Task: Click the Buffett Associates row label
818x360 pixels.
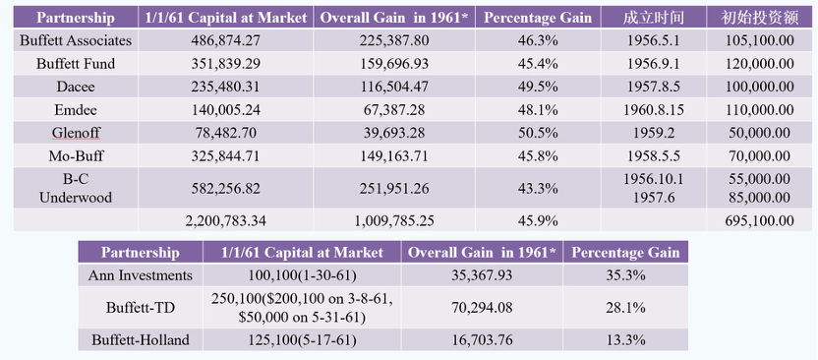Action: [x=76, y=40]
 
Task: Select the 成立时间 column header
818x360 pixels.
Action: [x=653, y=18]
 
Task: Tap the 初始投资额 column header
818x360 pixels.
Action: [x=760, y=18]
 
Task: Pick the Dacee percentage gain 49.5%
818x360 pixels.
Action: [x=538, y=87]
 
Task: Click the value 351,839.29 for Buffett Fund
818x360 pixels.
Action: [x=225, y=63]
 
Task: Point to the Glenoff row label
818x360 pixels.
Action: [x=76, y=133]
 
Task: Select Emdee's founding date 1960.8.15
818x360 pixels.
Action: [x=653, y=109]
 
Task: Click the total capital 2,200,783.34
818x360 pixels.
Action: [x=225, y=220]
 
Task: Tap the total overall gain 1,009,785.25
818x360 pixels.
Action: [x=394, y=220]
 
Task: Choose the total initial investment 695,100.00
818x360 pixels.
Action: [x=760, y=220]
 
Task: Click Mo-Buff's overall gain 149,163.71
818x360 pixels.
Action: [x=394, y=155]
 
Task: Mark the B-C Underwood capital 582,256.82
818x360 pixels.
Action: [x=225, y=188]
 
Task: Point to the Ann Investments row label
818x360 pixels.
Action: [x=141, y=275]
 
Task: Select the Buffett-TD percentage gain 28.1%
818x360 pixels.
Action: [x=625, y=307]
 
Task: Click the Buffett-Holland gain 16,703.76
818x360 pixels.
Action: [x=482, y=340]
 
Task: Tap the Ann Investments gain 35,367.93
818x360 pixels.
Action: [x=482, y=275]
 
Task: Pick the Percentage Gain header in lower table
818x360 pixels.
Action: [x=625, y=253]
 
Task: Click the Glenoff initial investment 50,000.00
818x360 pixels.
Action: [x=760, y=133]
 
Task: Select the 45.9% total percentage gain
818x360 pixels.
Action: [x=538, y=220]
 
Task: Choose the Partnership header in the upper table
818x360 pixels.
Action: [x=76, y=18]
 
